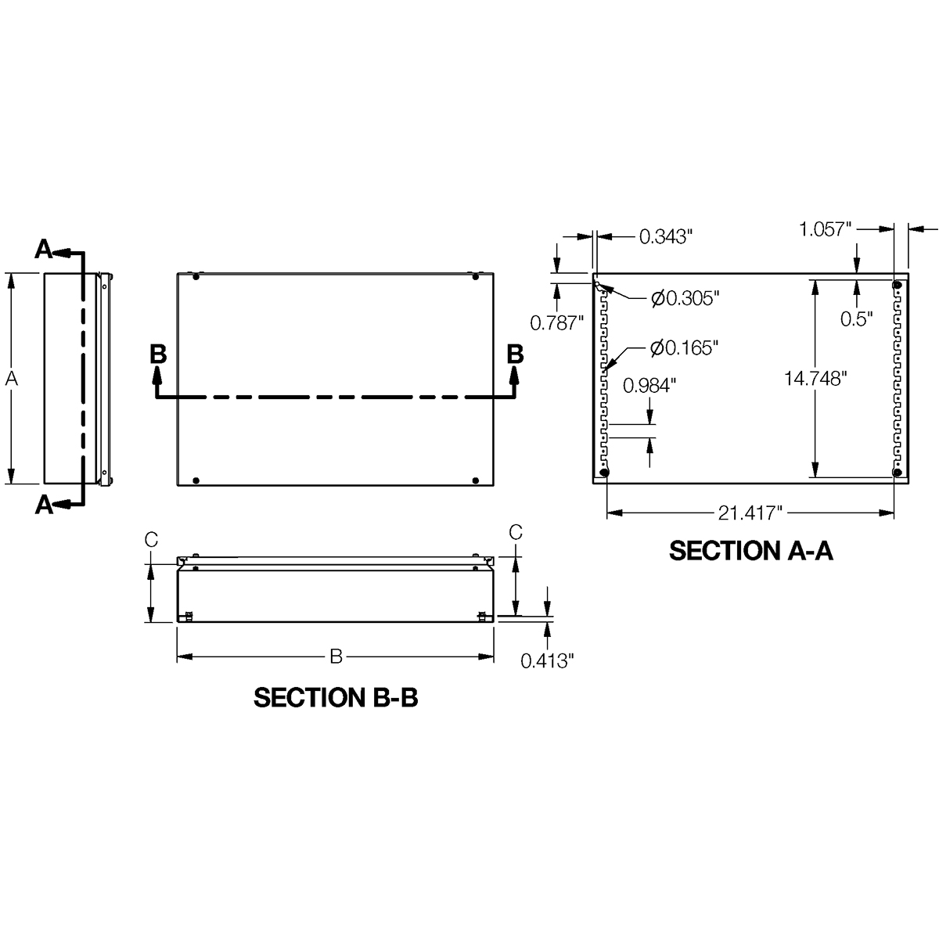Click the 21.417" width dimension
point(750,513)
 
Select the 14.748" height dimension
point(816,379)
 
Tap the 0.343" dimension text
point(666,236)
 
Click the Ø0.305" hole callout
point(685,298)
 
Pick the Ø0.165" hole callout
point(685,347)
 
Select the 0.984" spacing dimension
point(649,385)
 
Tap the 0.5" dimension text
point(857,318)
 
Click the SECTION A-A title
point(750,551)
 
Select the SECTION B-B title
point(336,698)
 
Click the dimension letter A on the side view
point(11,379)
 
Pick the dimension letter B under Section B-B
point(336,657)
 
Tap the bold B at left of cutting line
point(158,354)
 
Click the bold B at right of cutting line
point(515,354)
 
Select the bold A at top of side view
point(44,250)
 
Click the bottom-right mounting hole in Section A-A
point(898,472)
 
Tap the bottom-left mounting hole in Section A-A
point(604,472)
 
